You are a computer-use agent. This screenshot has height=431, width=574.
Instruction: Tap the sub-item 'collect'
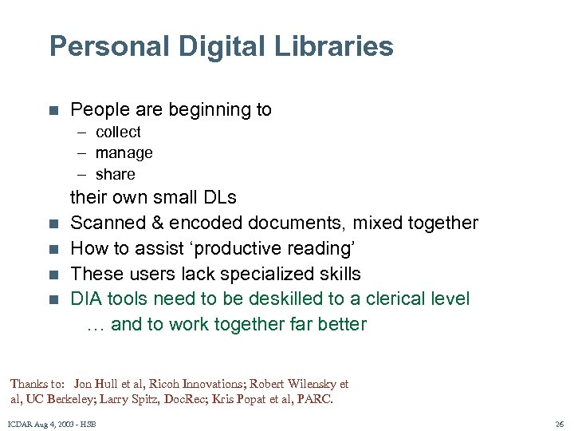(x=118, y=132)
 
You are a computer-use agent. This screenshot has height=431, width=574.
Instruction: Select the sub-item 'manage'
(x=124, y=152)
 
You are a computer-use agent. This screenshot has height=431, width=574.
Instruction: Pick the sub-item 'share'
(x=115, y=174)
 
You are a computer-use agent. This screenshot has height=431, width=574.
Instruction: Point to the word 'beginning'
(x=191, y=109)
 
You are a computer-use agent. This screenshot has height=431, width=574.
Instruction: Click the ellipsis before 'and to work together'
(x=96, y=324)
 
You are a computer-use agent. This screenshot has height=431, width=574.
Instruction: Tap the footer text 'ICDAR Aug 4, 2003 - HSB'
(x=51, y=425)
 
